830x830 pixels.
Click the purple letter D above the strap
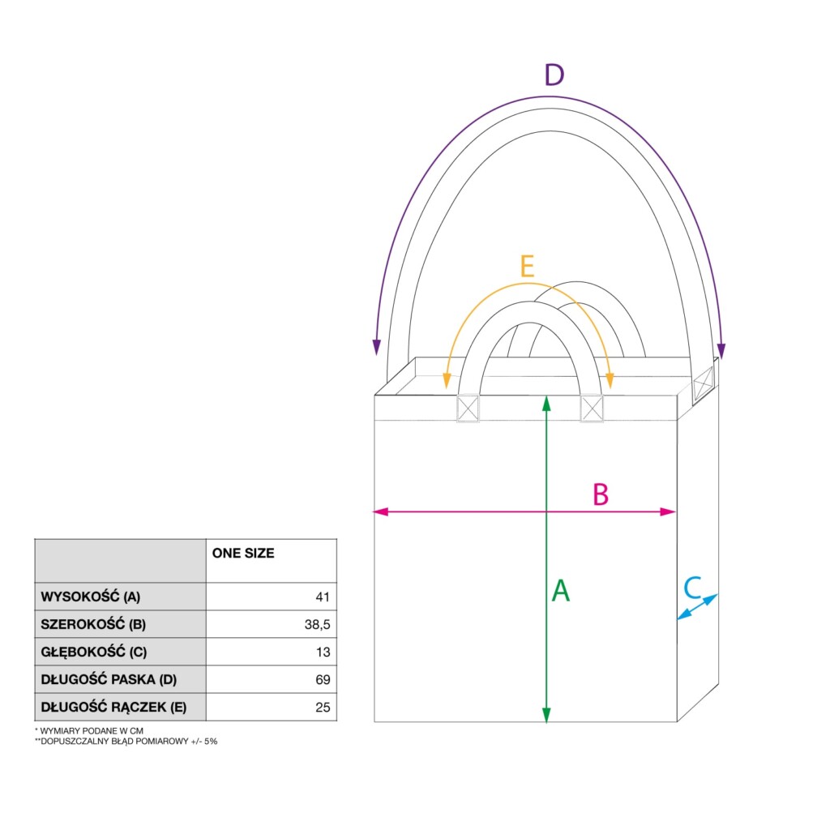554,75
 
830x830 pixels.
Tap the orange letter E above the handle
527,266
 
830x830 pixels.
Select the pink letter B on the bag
601,494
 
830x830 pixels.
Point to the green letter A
561,590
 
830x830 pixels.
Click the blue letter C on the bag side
692,587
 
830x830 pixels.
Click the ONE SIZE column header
243,553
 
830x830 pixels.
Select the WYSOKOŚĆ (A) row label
91,597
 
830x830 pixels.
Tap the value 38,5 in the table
317,625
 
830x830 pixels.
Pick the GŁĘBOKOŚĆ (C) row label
94,652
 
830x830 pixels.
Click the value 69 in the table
323,680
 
